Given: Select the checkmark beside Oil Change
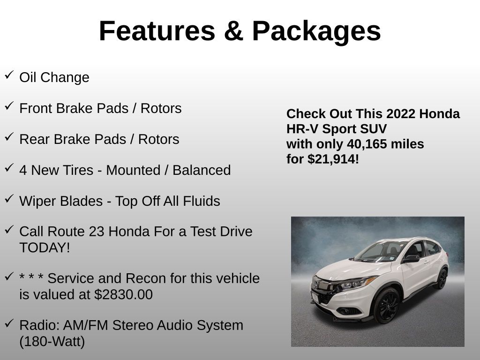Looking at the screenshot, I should (x=9, y=75).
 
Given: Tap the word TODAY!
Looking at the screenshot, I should (x=45, y=247).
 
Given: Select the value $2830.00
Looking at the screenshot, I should (x=123, y=295).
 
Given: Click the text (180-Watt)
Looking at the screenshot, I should (x=52, y=342).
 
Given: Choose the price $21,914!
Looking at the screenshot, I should (x=333, y=159).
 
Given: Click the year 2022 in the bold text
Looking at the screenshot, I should (x=401, y=114).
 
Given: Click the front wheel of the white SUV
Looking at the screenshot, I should (x=386, y=306).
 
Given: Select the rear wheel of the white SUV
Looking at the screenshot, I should (x=441, y=278).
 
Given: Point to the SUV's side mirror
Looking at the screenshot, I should (x=411, y=258).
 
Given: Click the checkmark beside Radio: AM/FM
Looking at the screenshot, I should (x=9, y=323).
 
